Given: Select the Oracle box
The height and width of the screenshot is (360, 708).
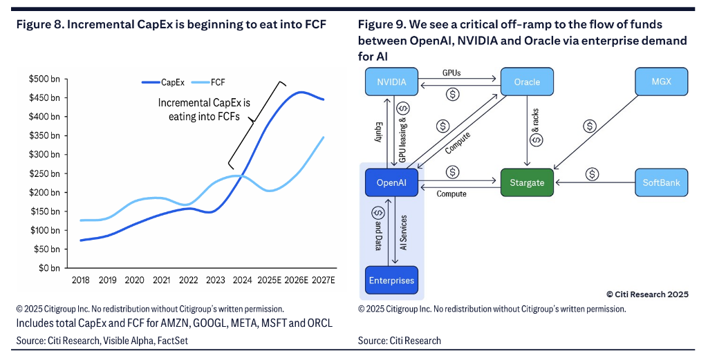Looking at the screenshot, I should pyautogui.click(x=528, y=82).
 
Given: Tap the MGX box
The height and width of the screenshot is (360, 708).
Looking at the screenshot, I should pyautogui.click(x=662, y=82).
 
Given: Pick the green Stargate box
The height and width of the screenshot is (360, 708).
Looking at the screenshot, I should pyautogui.click(x=528, y=183).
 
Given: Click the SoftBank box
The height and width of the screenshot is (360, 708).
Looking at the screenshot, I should pyautogui.click(x=662, y=183).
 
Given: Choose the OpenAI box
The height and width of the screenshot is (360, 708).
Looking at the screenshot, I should pyautogui.click(x=391, y=183).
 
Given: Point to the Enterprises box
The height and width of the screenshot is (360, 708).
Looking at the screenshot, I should pyautogui.click(x=391, y=281).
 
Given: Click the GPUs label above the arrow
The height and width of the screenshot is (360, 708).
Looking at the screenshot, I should pyautogui.click(x=452, y=72).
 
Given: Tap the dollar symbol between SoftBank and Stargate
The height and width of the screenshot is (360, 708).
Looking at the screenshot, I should pyautogui.click(x=593, y=174).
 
